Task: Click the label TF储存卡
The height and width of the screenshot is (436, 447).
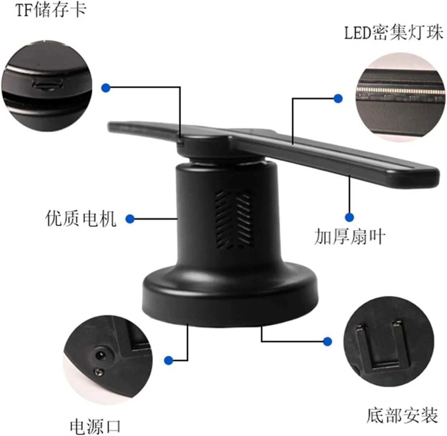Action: click(x=51, y=10)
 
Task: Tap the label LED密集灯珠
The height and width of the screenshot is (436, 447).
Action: click(x=394, y=33)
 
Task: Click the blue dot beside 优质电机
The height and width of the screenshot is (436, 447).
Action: click(x=130, y=219)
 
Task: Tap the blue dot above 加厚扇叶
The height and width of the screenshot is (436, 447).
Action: click(x=349, y=217)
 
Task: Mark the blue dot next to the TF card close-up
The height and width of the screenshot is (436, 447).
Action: click(x=106, y=88)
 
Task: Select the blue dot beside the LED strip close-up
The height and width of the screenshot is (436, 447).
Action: click(x=338, y=98)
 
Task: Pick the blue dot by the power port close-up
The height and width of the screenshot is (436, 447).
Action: click(x=169, y=360)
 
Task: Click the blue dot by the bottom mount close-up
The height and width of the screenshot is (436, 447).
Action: click(x=327, y=341)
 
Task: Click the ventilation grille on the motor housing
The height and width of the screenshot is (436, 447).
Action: click(x=234, y=219)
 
